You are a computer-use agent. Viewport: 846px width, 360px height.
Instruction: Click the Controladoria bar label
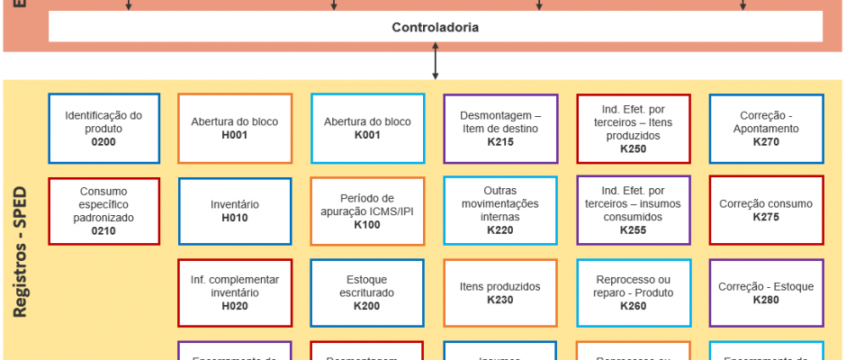[436, 27]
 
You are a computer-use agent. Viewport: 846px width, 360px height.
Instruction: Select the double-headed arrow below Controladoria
[436, 62]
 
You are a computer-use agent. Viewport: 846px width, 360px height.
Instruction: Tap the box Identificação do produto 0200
[103, 129]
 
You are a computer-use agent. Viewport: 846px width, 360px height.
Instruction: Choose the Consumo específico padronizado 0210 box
[103, 211]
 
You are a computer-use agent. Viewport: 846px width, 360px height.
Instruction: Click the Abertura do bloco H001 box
[235, 129]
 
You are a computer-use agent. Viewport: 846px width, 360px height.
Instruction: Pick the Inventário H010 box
[235, 211]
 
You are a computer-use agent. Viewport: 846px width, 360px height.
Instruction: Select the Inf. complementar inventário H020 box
[235, 292]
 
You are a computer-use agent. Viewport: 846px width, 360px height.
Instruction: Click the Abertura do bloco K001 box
[367, 129]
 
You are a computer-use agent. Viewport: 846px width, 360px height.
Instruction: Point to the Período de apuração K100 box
[367, 211]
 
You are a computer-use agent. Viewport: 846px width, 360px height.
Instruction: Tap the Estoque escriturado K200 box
[367, 292]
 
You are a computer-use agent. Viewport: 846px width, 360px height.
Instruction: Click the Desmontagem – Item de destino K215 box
[499, 129]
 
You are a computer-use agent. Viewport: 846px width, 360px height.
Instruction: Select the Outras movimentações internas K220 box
[499, 211]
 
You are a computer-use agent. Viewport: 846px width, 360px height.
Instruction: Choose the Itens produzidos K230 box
[499, 292]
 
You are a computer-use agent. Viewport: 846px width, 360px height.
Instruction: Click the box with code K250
[633, 129]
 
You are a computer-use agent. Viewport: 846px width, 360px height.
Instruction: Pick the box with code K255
[633, 211]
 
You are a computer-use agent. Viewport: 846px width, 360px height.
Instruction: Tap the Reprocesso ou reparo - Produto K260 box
[633, 292]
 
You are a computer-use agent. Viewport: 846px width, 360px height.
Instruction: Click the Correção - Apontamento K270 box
[766, 129]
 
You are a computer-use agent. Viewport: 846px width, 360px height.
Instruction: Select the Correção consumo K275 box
[766, 211]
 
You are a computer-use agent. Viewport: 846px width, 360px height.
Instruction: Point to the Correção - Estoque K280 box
[766, 292]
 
